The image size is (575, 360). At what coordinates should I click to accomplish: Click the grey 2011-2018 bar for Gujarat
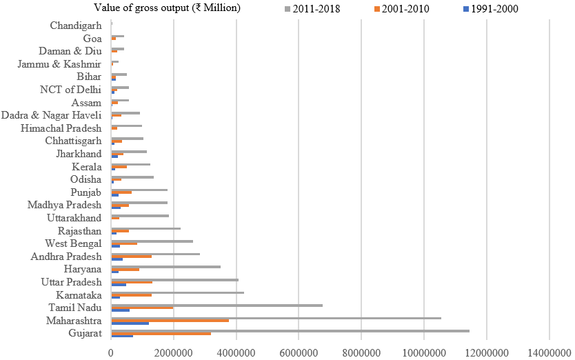click(290, 331)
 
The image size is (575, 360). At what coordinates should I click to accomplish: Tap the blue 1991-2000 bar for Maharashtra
click(130, 323)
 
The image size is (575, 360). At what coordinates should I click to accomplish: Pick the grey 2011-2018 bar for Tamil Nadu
click(216, 305)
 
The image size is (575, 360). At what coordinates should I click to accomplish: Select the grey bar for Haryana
click(165, 266)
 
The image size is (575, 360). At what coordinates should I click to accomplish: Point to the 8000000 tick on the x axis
click(361, 352)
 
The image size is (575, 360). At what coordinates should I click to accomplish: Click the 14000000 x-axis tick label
click(549, 352)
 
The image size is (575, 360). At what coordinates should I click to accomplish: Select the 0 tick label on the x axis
click(111, 352)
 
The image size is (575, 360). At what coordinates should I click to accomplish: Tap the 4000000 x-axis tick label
click(236, 352)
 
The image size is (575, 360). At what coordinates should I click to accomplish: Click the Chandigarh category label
click(76, 26)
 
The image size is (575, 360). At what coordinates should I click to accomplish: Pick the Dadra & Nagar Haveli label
click(52, 115)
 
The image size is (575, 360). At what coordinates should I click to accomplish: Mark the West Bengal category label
click(73, 243)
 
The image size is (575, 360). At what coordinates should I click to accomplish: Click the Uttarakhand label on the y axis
click(71, 218)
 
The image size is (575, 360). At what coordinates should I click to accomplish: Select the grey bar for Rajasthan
click(145, 228)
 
